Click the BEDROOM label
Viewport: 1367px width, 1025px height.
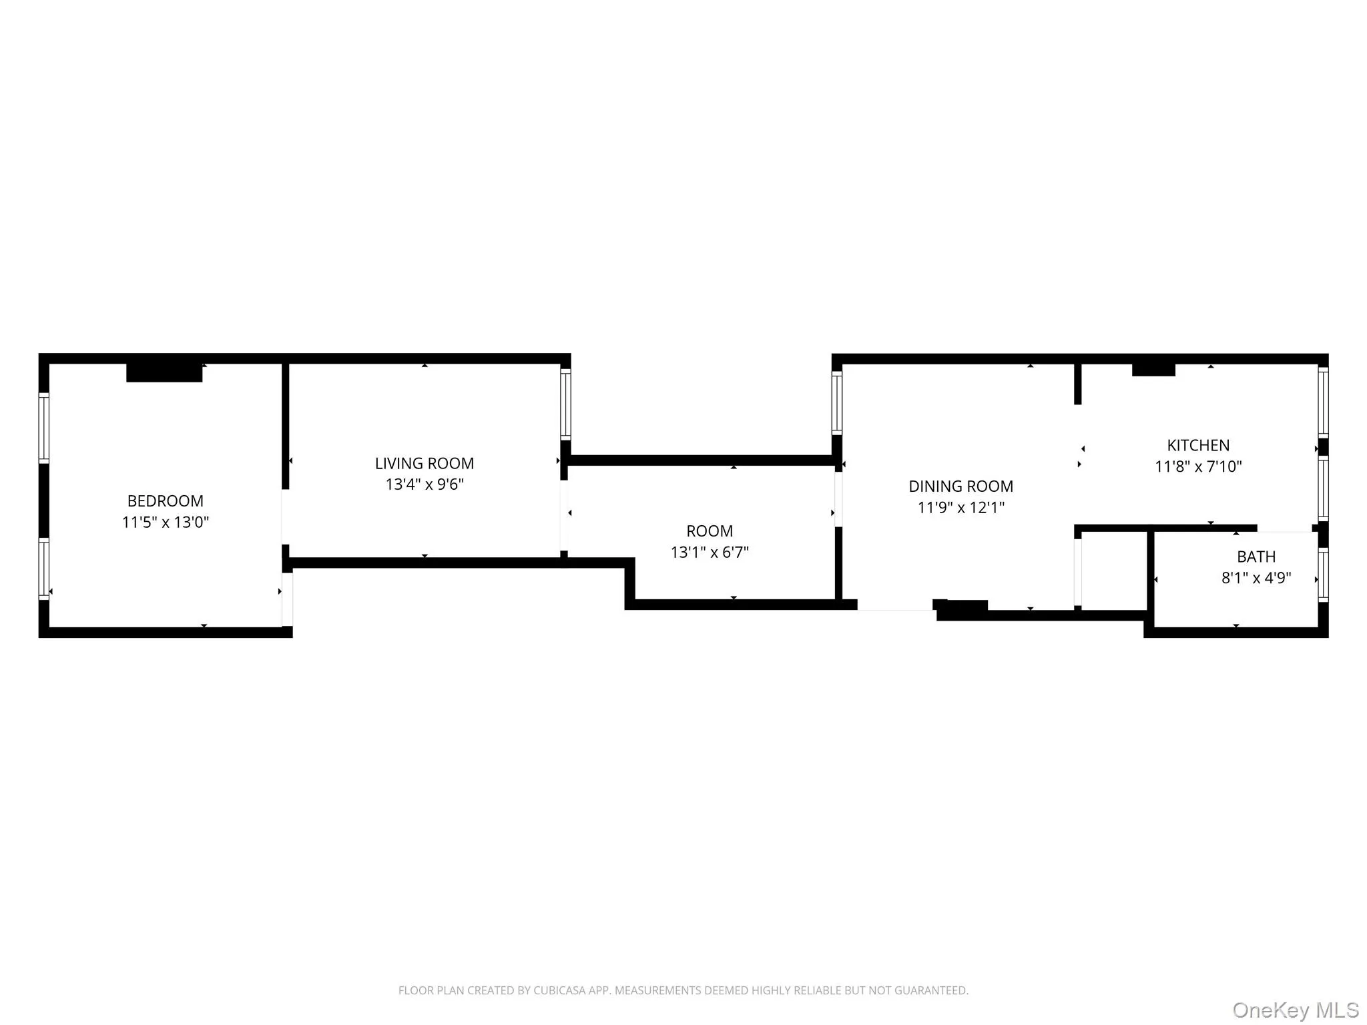pos(165,500)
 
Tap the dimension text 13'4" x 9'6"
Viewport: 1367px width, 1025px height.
pos(424,484)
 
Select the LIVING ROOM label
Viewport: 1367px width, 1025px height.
pos(424,463)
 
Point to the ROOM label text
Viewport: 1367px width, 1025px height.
pos(709,531)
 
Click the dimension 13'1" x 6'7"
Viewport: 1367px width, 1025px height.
pos(709,552)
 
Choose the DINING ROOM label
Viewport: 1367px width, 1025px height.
pos(960,486)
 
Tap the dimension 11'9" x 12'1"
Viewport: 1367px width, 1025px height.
pos(960,507)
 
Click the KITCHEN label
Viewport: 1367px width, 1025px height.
pos(1197,445)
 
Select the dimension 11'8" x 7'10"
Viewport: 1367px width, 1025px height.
pos(1197,466)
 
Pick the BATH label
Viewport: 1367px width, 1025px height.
pos(1256,557)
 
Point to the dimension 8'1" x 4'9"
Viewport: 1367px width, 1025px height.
pos(1256,578)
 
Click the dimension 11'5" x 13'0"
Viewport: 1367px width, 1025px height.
pos(165,522)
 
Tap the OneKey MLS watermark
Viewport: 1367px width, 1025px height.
pos(1295,1010)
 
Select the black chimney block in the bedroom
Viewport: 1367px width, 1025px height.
pos(164,372)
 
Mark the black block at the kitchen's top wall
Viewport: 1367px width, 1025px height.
pos(1153,369)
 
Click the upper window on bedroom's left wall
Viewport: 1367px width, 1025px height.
pos(44,428)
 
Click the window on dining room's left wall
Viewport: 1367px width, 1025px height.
pos(836,402)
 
